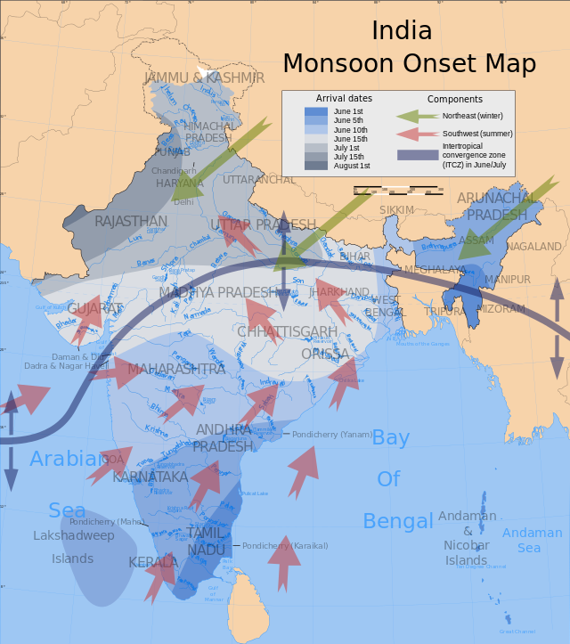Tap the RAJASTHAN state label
(x=131, y=221)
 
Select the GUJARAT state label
(x=94, y=308)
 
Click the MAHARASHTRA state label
(x=176, y=369)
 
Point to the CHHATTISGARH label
(x=287, y=331)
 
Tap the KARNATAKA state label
(x=150, y=477)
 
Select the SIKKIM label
(x=396, y=209)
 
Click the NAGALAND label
(x=535, y=246)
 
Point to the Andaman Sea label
(x=532, y=540)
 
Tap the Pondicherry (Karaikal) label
(x=285, y=545)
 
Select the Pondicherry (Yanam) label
(x=332, y=434)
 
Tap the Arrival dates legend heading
(x=344, y=98)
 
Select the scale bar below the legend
(x=399, y=190)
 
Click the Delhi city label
(x=183, y=202)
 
